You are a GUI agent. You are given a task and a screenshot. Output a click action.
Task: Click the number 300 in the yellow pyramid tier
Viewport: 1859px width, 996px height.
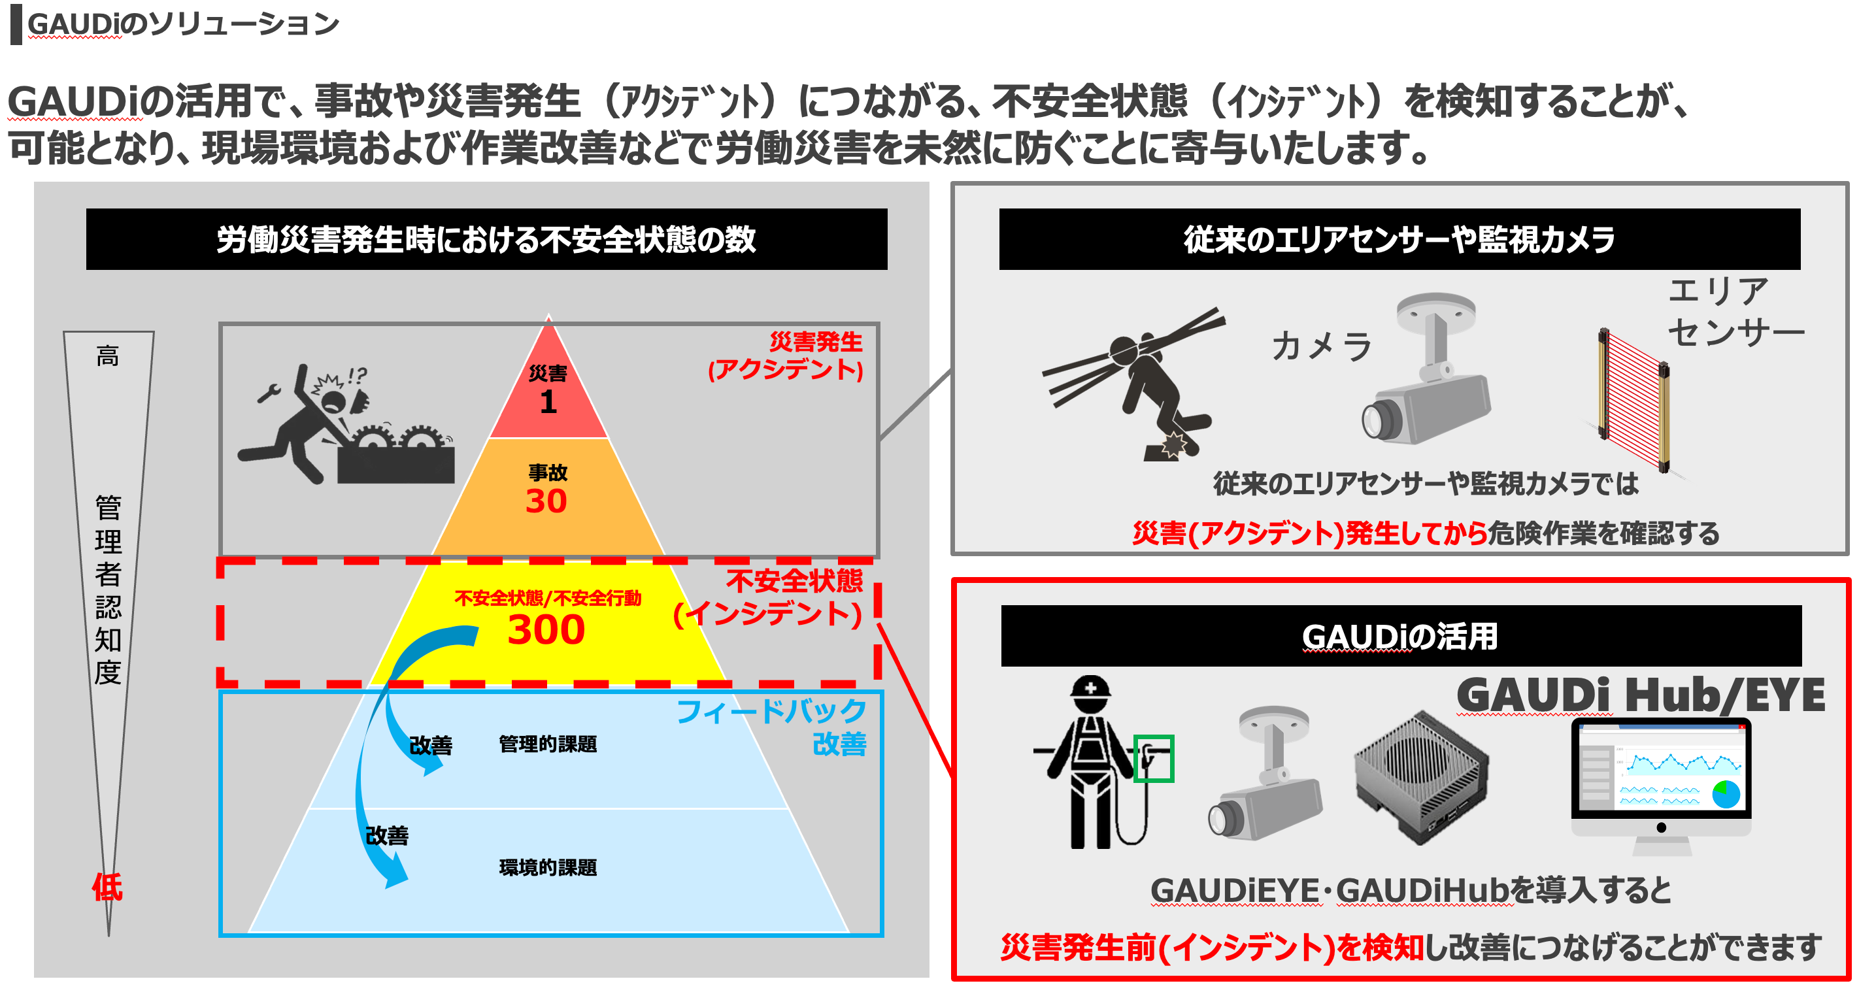[546, 629]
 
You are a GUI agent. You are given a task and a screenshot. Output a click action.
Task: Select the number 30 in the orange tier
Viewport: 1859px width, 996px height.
[546, 501]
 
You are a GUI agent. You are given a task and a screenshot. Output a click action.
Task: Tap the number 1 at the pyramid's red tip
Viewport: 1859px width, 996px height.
[548, 401]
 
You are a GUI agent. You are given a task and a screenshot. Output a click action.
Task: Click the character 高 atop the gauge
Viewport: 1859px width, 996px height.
[108, 356]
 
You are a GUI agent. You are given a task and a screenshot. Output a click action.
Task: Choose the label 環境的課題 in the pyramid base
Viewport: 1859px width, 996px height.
[548, 867]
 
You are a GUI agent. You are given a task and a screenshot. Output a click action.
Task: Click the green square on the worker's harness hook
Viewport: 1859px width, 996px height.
[1153, 759]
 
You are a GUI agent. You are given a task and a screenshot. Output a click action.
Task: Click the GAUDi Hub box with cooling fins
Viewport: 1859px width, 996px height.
[1418, 776]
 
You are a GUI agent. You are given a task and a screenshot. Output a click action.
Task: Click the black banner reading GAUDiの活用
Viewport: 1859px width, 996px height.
[1400, 636]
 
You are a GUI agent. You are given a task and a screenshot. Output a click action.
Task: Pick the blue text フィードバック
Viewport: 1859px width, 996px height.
[771, 711]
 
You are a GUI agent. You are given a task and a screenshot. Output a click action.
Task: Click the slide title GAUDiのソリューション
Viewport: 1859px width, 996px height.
[183, 24]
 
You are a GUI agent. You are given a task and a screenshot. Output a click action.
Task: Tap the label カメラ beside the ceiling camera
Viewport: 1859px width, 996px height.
[1320, 346]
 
